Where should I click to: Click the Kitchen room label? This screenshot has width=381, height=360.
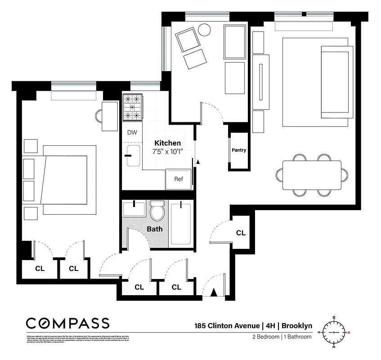point(168,143)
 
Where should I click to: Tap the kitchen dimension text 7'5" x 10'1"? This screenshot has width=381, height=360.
point(167,151)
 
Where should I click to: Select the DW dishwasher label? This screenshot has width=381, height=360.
point(132,132)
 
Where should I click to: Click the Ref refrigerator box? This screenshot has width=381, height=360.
point(179,179)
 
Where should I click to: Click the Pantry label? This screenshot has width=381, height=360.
point(238,150)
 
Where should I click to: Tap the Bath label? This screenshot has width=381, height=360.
point(155,229)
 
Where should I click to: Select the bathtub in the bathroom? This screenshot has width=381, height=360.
point(181,224)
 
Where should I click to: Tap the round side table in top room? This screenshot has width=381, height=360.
point(204,30)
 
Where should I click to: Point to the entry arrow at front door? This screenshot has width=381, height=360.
point(214,293)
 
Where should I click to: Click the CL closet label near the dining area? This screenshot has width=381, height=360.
point(241,233)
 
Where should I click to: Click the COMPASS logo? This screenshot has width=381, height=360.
point(67,323)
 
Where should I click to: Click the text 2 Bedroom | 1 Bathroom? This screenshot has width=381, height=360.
point(281,337)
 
